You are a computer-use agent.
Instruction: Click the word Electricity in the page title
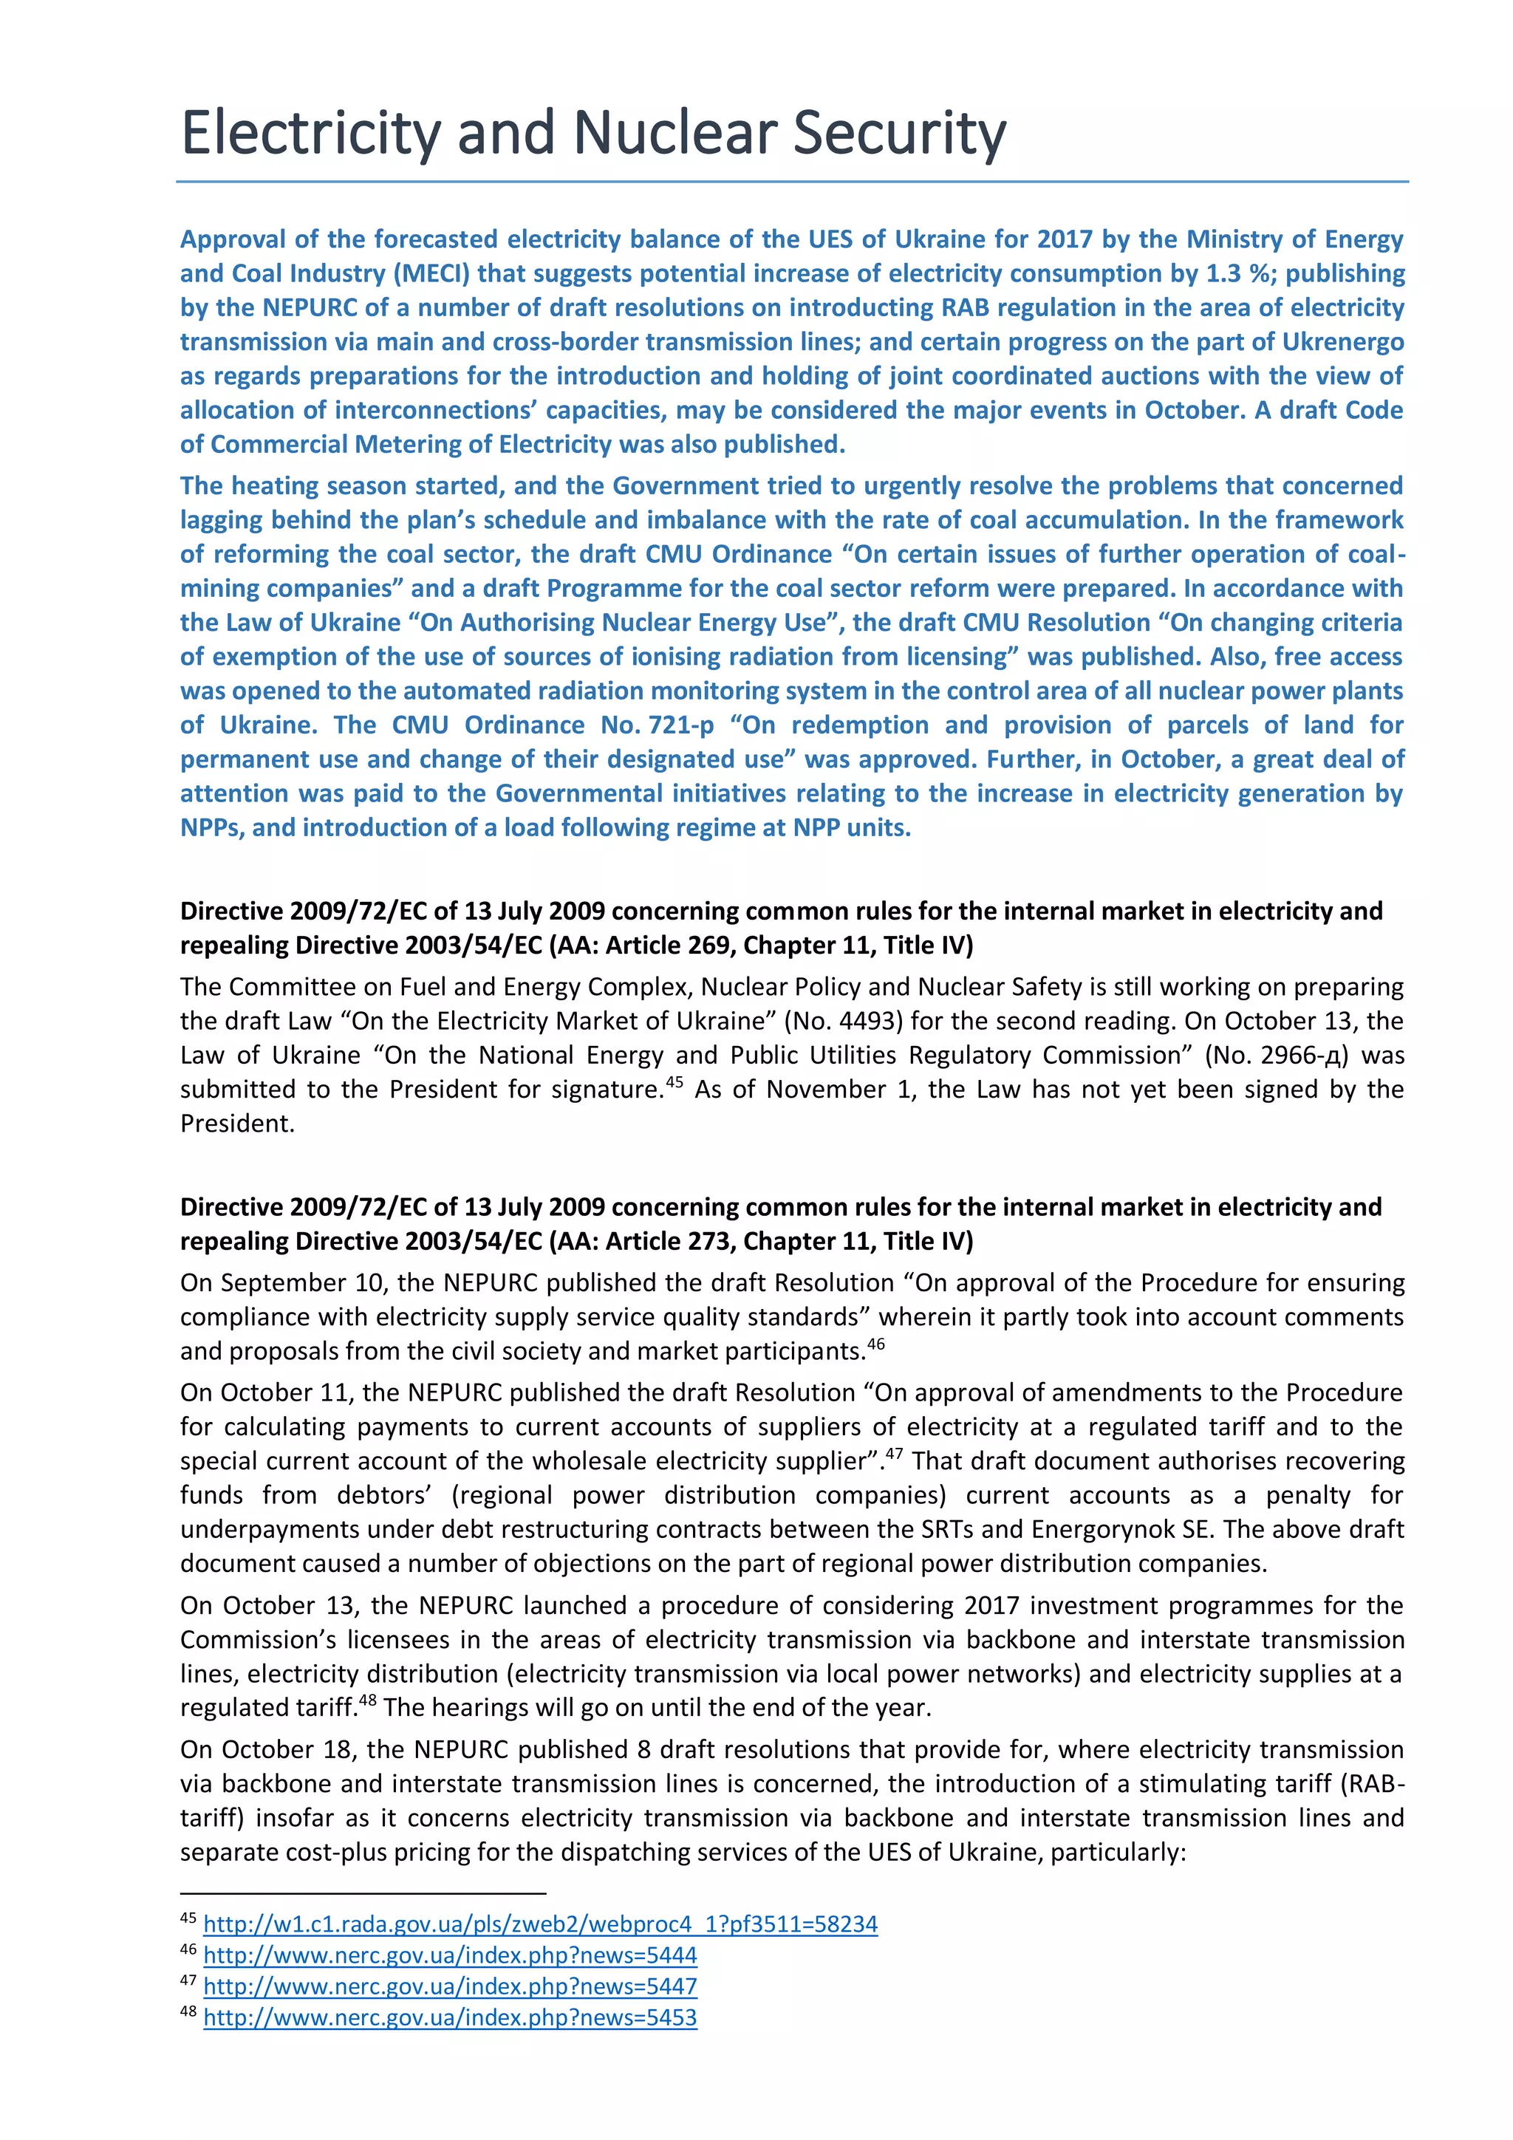tap(310, 133)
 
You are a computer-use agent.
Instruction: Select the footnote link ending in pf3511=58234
tap(540, 1923)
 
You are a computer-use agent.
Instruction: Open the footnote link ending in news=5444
tap(449, 1955)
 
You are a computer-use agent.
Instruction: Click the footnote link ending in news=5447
tap(449, 1986)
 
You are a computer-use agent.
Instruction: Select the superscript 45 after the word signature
tap(674, 1082)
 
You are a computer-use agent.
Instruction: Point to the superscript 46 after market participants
tap(875, 1344)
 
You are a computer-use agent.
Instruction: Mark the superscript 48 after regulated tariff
tap(367, 1700)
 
